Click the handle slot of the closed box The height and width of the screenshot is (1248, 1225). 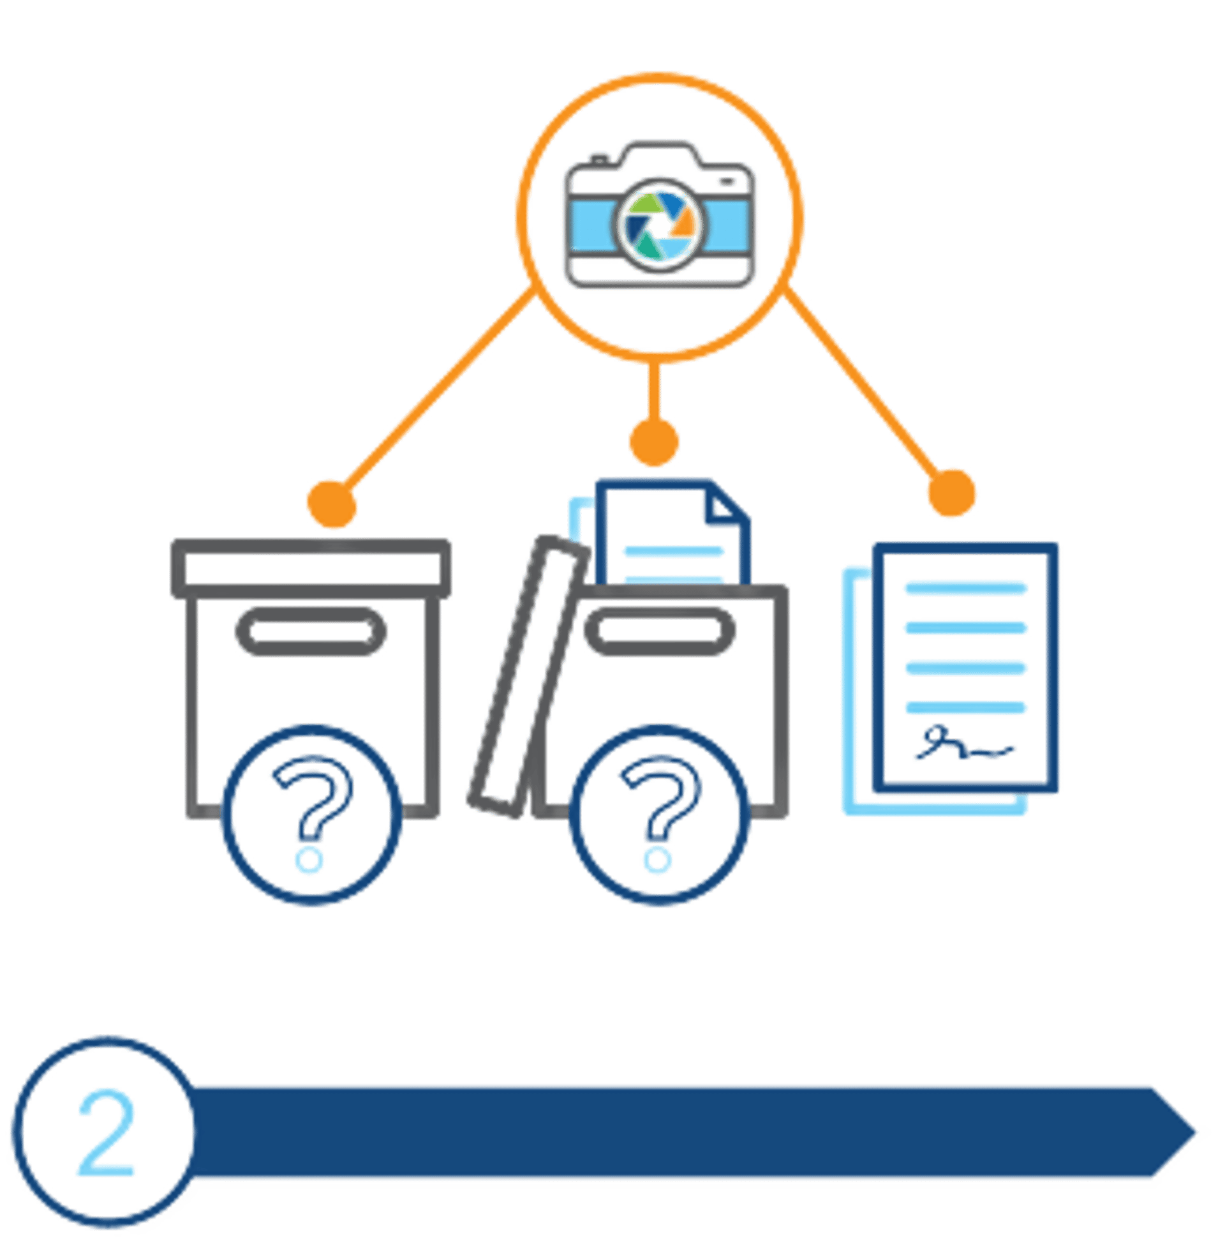306,631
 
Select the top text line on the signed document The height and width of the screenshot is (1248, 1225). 965,587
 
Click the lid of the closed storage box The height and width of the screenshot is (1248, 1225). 311,568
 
